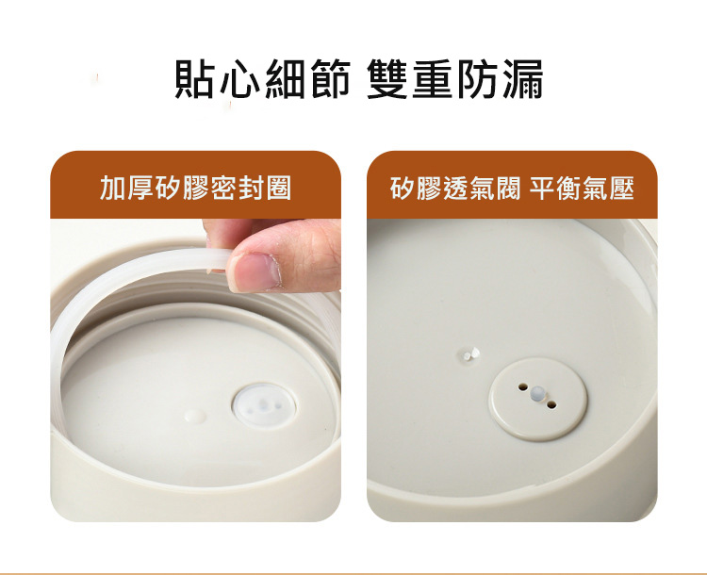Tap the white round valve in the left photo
pos(264,405)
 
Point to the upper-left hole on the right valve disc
pos(523,387)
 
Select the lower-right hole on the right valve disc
pos(551,404)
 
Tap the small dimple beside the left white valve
pos(195,416)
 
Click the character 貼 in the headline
pos(194,80)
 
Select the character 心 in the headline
pos(240,80)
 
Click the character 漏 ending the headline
pos(522,80)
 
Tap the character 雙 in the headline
pos(386,80)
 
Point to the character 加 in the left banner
pos(112,188)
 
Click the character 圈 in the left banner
pos(278,188)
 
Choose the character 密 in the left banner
pos(223,188)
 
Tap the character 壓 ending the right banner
pos(622,188)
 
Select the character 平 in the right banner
pos(542,188)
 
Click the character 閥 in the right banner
pos(508,188)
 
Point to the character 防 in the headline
pos(477,80)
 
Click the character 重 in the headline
pos(432,80)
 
